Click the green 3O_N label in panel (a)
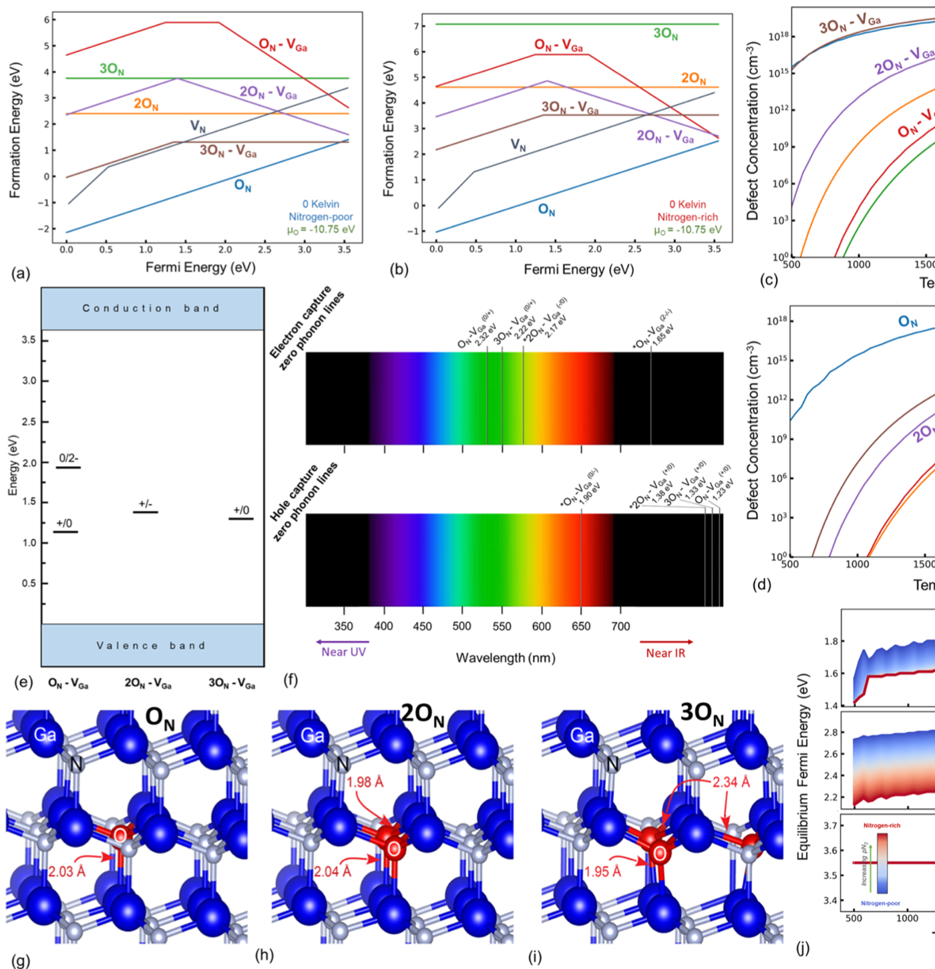pos(112,69)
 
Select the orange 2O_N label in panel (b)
pos(693,79)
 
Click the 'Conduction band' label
pos(151,309)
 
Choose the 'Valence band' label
pos(151,646)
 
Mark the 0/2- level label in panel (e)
pos(68,459)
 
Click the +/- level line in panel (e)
pos(146,512)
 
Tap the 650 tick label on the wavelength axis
pos(581,626)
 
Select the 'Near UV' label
pos(343,652)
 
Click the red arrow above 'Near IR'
pos(666,642)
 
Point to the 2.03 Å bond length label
pos(66,871)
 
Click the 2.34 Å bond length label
pos(731,782)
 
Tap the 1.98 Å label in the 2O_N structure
pos(365,782)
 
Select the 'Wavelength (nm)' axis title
pos(506,658)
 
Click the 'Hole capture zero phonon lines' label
pos(304,501)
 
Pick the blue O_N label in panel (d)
pos(908,322)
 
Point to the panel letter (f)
pos(291,681)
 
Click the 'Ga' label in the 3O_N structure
pos(581,735)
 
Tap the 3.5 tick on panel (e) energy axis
pos(29,340)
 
